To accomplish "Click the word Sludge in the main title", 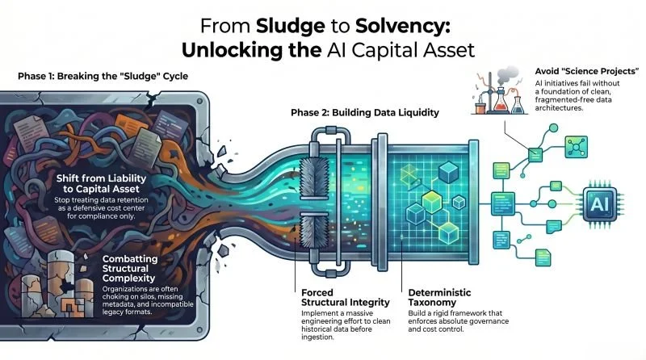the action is [x=291, y=26].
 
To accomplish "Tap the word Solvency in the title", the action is [x=402, y=26].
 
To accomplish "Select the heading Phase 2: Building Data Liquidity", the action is [x=365, y=112].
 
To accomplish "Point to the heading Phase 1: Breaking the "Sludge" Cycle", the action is [x=103, y=76].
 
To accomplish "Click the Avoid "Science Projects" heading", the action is [x=587, y=71].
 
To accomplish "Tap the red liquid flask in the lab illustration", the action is [x=500, y=103].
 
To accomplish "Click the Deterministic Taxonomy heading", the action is [x=439, y=297].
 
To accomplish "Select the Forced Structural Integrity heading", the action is [x=346, y=297].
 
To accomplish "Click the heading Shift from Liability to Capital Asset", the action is [x=101, y=184].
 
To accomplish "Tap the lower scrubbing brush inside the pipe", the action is [x=314, y=232].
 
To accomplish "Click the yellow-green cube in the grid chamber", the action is [x=431, y=202].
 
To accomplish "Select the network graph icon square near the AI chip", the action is [x=576, y=147].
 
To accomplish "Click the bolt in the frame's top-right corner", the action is [x=199, y=102].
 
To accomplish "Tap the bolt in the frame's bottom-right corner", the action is [x=199, y=330].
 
